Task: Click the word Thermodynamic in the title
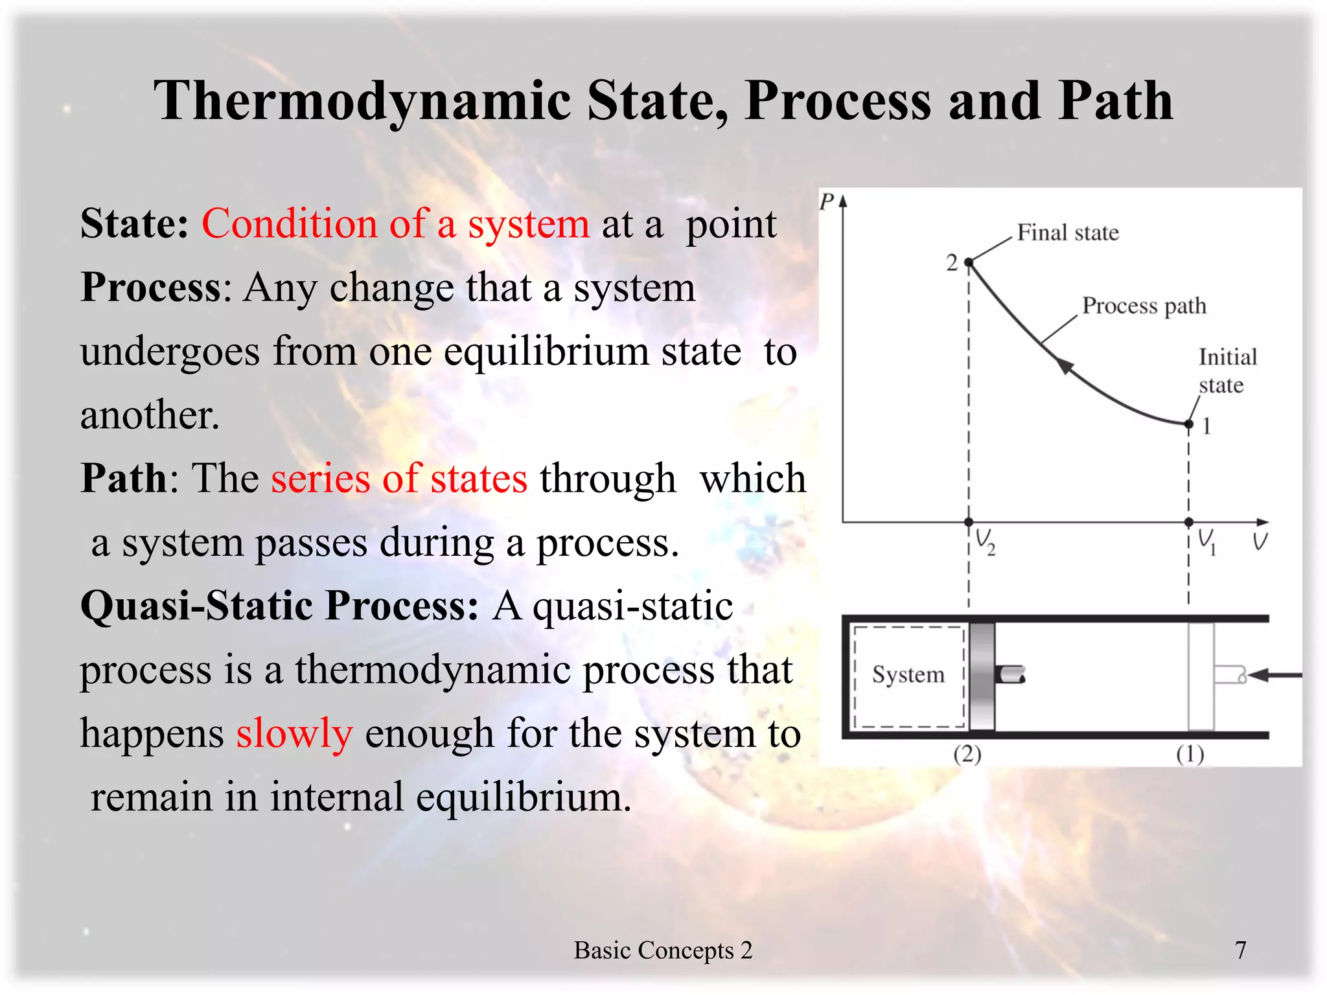click(x=362, y=102)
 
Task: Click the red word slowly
click(x=294, y=734)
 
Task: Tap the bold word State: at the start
click(x=134, y=224)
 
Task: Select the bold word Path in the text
click(x=124, y=479)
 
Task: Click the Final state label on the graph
click(x=1067, y=233)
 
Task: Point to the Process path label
click(x=1144, y=305)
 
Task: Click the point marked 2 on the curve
click(x=969, y=262)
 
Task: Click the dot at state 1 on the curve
click(x=1188, y=424)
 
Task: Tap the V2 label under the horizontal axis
click(x=985, y=542)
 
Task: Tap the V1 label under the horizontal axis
click(x=1206, y=541)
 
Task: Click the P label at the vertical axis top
click(x=826, y=202)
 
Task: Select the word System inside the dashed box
click(x=907, y=675)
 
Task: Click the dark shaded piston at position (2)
click(x=982, y=676)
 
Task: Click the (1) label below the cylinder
click(x=1190, y=755)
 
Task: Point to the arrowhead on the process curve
click(x=1064, y=365)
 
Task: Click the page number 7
click(x=1240, y=950)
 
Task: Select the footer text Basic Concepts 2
click(x=663, y=950)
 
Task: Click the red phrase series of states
click(x=399, y=479)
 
